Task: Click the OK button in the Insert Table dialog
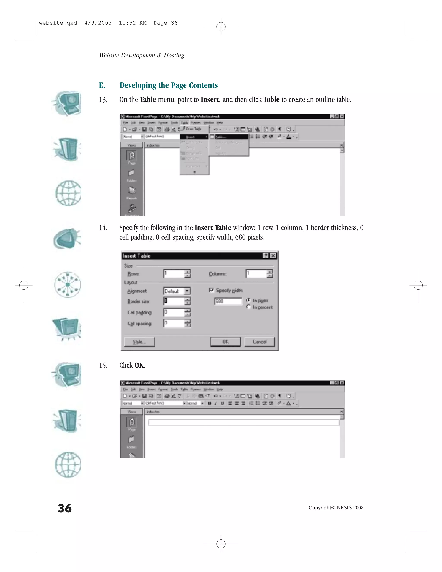coord(225,342)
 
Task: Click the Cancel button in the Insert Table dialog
coord(259,342)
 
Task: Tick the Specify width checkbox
coord(212,290)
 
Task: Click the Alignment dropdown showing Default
coord(177,291)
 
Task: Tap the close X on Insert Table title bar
coord(273,256)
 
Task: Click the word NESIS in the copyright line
coord(344,508)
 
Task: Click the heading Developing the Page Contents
coord(168,85)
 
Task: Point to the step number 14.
coord(103,228)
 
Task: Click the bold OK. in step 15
coord(140,365)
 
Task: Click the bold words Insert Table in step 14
coord(213,228)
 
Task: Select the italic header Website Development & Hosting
coord(142,55)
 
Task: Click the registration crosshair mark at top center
coord(221,27)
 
